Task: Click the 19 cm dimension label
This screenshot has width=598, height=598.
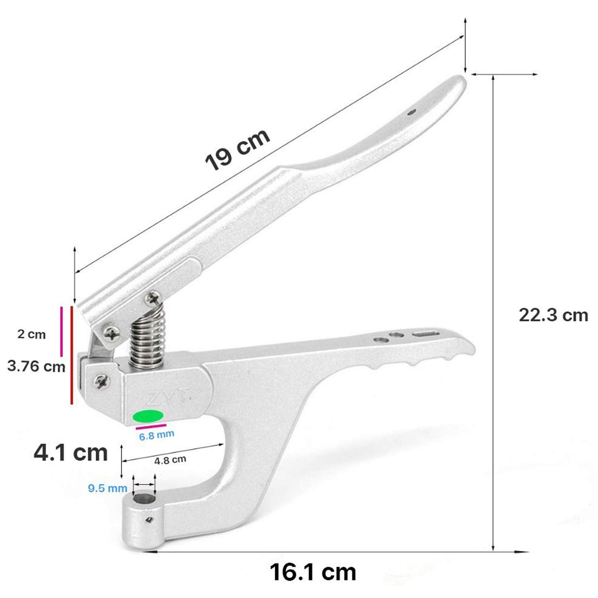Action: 238,150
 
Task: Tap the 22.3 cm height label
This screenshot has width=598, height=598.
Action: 553,315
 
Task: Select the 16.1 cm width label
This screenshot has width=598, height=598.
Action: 313,572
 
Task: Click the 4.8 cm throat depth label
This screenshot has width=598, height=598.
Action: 170,460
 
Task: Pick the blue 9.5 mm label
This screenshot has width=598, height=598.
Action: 108,488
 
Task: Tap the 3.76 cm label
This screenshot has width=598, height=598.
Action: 36,366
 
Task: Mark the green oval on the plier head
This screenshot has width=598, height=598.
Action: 148,415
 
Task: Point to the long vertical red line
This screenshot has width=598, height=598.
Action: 72,355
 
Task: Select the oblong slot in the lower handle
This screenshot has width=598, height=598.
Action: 425,333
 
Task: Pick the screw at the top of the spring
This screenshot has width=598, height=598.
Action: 153,298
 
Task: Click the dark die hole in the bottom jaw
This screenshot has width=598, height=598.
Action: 144,498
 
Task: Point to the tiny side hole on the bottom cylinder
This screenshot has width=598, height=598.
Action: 149,520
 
